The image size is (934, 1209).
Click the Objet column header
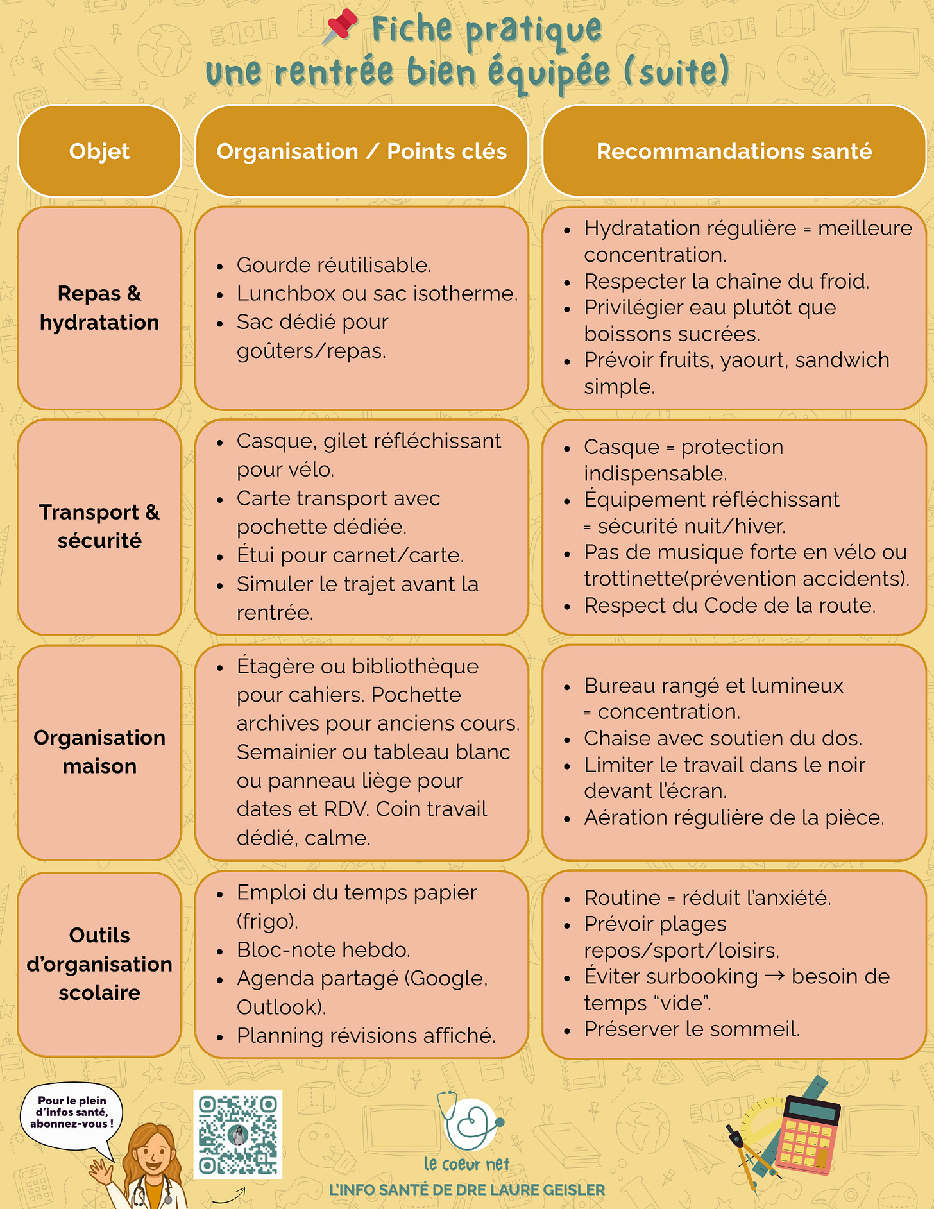(x=99, y=151)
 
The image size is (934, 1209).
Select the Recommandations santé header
(x=734, y=151)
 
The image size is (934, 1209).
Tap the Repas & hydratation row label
(x=99, y=308)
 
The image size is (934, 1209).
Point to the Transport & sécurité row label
(x=99, y=527)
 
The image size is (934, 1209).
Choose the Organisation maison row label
(x=99, y=752)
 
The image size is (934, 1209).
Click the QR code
(x=238, y=1135)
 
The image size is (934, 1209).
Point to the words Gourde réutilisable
(x=334, y=265)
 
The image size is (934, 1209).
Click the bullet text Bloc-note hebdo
(x=323, y=950)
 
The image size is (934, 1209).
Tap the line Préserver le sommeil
(x=692, y=1029)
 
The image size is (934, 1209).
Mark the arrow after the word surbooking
(x=775, y=976)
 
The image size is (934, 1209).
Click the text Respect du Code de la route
(x=729, y=605)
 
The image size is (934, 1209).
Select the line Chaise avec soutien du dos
(x=722, y=738)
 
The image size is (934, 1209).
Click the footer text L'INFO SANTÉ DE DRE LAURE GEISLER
(x=467, y=1190)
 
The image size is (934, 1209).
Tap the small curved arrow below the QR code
(x=230, y=1195)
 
